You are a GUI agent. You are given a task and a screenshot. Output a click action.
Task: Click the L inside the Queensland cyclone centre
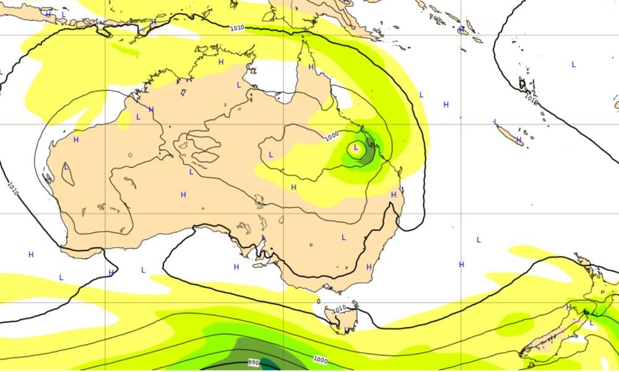click(356, 148)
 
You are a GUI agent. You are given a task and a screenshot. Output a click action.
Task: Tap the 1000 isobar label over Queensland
click(332, 135)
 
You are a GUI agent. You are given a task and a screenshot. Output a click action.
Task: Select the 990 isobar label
click(253, 362)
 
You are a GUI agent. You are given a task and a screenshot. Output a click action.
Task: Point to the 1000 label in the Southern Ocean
click(320, 360)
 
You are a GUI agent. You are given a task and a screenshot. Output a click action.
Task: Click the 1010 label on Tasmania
click(339, 309)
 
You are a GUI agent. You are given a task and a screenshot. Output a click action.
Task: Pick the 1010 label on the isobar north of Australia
click(237, 28)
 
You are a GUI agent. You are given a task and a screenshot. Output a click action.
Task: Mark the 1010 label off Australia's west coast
click(12, 188)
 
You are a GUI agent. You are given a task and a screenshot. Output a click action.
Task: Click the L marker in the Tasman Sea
click(478, 239)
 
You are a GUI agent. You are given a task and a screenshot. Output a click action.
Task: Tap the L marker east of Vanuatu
click(573, 64)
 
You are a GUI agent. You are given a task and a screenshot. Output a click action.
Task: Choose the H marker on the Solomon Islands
click(461, 29)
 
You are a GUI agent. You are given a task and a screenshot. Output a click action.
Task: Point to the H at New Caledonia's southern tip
click(518, 141)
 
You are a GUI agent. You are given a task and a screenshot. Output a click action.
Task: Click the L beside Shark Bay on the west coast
click(66, 167)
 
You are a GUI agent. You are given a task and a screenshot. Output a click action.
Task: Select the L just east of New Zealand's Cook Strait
click(591, 322)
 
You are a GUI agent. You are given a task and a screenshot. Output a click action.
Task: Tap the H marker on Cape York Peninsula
click(311, 67)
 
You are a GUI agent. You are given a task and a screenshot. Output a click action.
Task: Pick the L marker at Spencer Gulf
click(264, 237)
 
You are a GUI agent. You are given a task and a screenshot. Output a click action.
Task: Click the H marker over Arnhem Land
click(221, 62)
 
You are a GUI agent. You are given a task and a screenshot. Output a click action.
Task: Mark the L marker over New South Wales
click(344, 237)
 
